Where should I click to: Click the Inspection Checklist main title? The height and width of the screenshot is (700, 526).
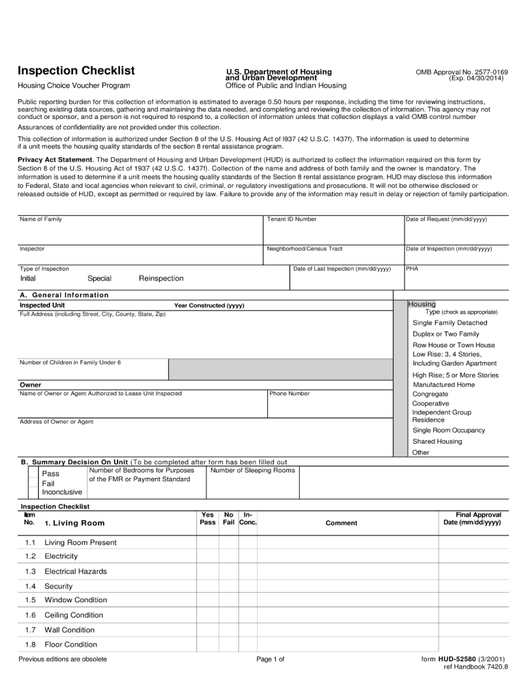[76, 71]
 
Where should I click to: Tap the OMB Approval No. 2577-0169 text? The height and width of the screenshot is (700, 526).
[462, 72]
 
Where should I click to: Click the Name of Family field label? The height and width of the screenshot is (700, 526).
[41, 219]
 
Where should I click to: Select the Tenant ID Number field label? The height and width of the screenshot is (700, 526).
[292, 219]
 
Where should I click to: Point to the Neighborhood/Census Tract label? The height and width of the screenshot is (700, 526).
[305, 249]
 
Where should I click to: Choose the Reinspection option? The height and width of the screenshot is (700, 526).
[161, 278]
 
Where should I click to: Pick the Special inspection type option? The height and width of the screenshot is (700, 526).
[99, 278]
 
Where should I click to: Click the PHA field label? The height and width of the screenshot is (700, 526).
[412, 269]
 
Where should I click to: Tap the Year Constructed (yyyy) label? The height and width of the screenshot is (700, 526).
[209, 306]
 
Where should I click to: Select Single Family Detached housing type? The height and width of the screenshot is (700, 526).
[450, 323]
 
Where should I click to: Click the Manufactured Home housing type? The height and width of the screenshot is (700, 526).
[444, 385]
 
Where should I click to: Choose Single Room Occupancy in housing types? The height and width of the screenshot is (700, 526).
[449, 431]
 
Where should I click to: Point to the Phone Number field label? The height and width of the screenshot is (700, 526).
[290, 394]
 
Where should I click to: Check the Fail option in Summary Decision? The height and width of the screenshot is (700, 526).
[49, 483]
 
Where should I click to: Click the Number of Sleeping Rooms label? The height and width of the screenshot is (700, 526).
[253, 470]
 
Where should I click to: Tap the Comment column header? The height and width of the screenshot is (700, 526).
[342, 523]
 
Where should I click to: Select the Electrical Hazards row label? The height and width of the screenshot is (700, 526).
[75, 571]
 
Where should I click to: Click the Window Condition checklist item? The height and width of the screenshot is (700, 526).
[75, 600]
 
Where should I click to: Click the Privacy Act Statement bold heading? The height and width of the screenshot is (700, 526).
[55, 159]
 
